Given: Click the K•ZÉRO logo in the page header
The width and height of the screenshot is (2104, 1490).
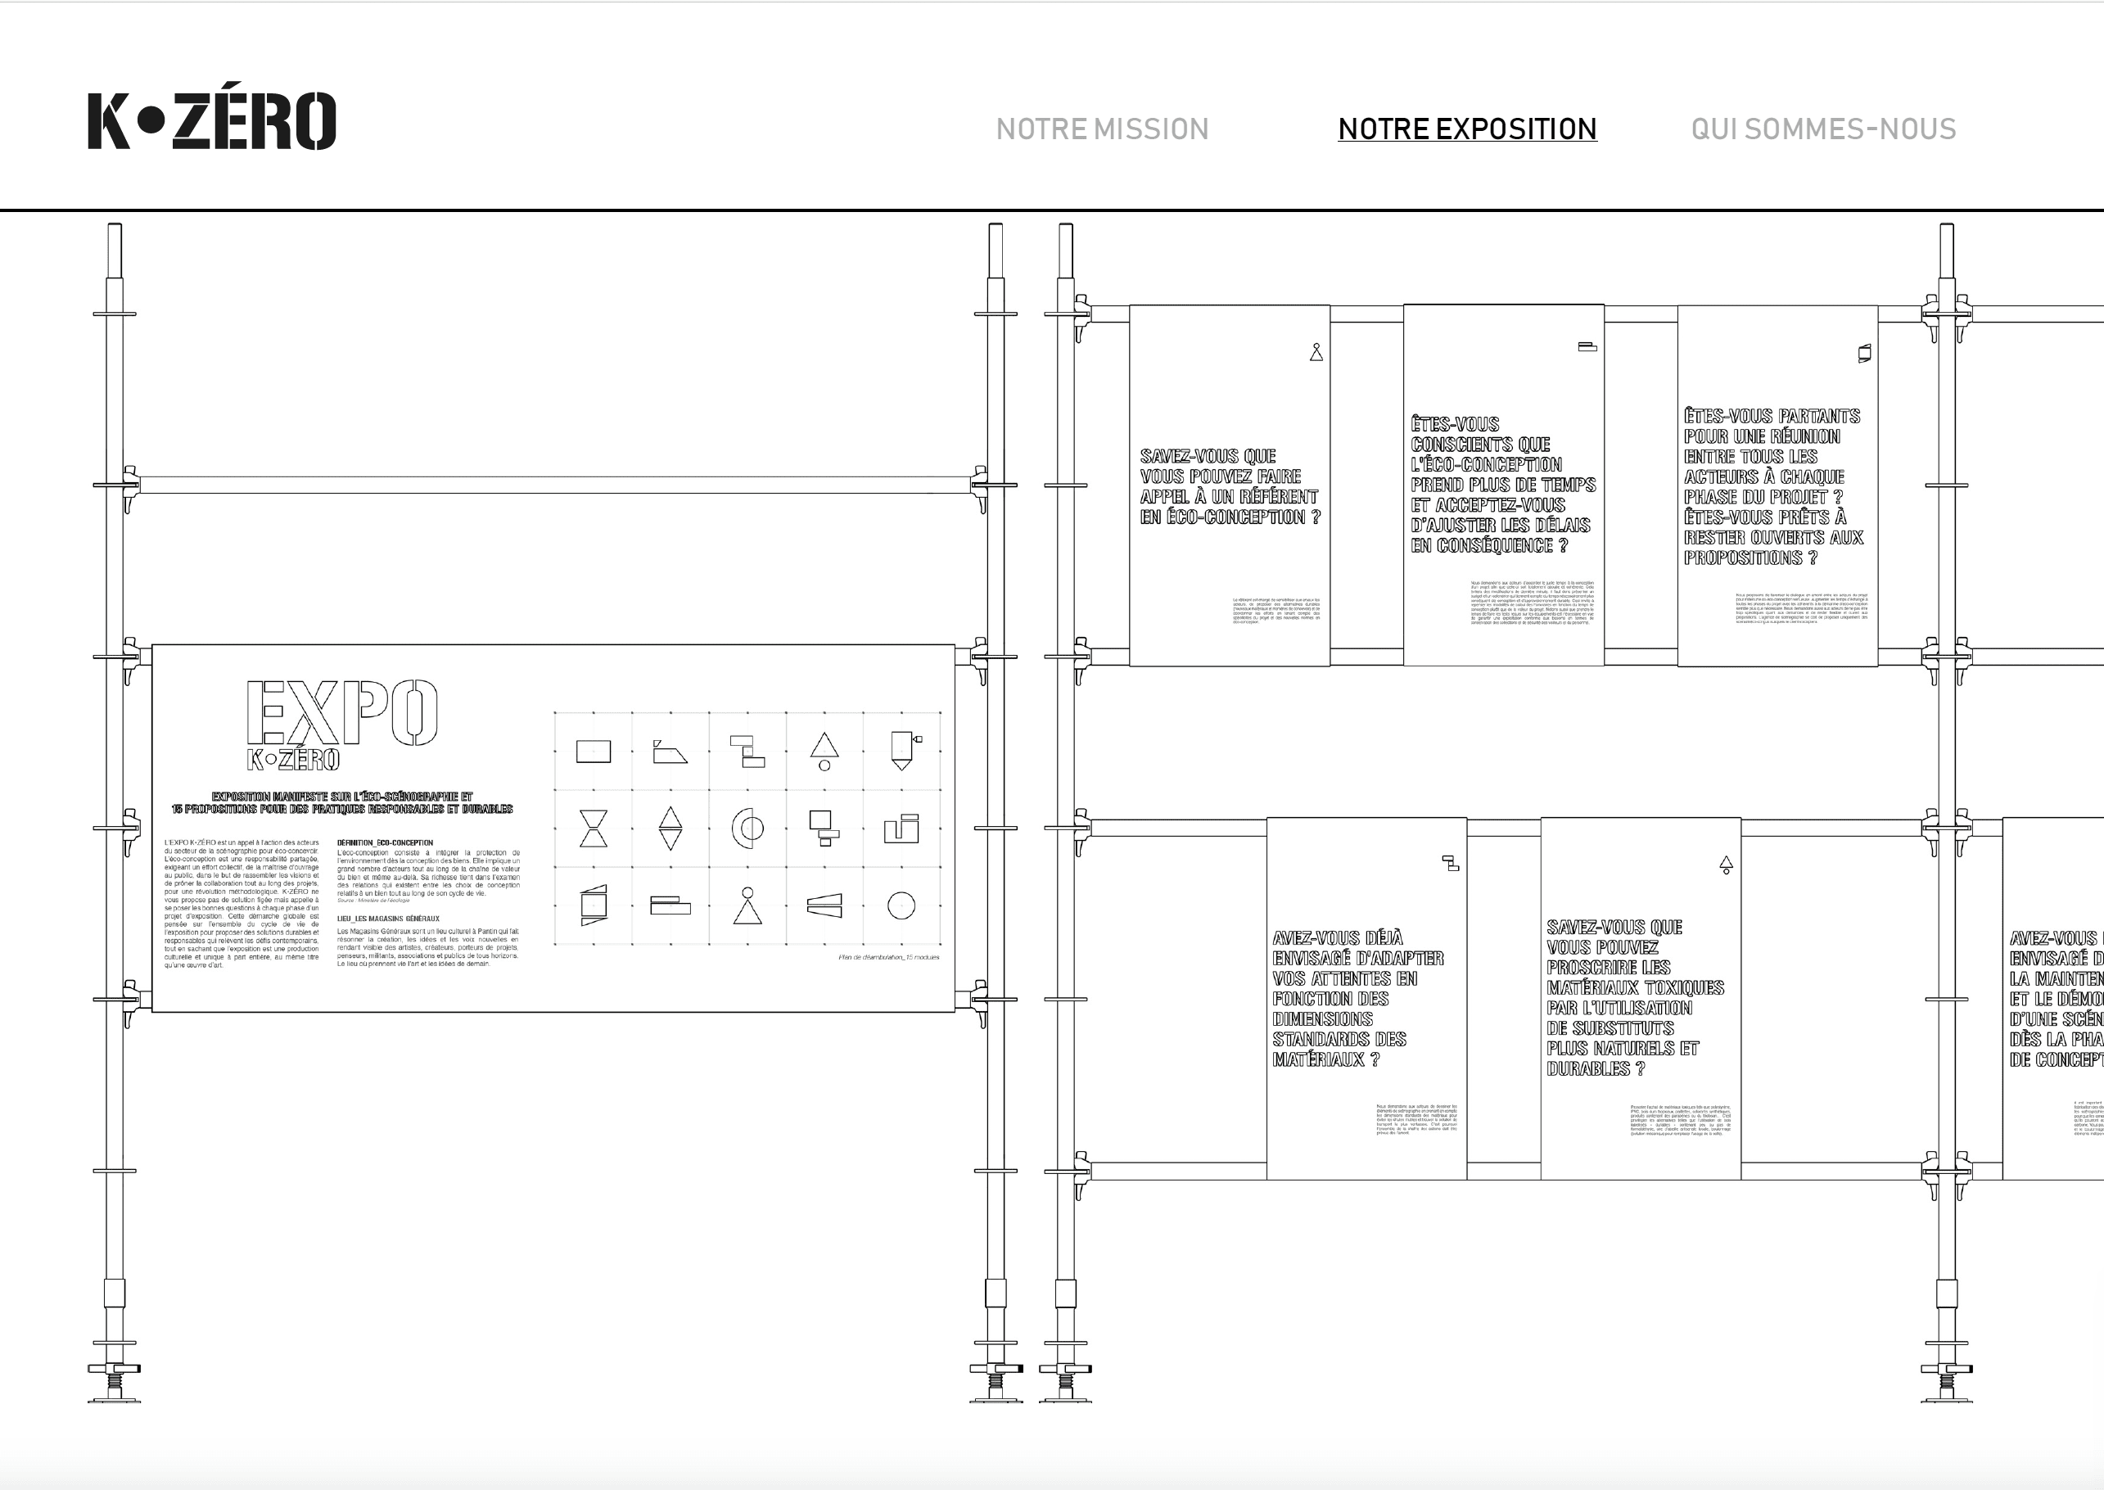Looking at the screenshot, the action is click(x=212, y=120).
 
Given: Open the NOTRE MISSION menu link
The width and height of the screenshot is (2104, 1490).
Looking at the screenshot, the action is click(x=1102, y=129).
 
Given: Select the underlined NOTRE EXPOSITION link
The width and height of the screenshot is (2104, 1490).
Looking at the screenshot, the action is click(x=1467, y=129).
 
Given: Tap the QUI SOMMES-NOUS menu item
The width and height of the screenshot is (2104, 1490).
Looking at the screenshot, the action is click(x=1823, y=129).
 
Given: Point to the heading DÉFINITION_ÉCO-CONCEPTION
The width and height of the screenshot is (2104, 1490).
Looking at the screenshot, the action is click(x=385, y=842).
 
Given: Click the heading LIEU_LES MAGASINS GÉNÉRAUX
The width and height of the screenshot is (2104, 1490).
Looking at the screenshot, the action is click(x=388, y=919).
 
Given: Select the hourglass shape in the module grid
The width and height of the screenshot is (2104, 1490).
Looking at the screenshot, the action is click(x=594, y=829).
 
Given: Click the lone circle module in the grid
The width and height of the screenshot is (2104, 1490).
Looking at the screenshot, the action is click(x=901, y=905).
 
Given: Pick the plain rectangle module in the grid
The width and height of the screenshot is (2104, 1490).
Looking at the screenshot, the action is click(x=594, y=752).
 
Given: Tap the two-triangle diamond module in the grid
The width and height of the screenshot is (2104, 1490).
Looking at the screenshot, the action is click(x=670, y=829).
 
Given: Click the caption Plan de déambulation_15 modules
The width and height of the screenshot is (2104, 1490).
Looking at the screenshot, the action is click(x=888, y=957).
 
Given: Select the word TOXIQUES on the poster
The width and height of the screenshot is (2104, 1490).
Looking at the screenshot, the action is click(x=1681, y=988).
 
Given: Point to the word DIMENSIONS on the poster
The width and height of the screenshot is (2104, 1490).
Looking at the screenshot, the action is click(x=1322, y=1019).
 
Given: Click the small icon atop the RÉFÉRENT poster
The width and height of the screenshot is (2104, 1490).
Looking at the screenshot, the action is click(x=1316, y=352).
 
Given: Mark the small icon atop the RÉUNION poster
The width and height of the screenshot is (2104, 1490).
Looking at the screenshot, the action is click(x=1864, y=353).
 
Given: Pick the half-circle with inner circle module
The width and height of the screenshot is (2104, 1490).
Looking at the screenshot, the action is click(x=747, y=829).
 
